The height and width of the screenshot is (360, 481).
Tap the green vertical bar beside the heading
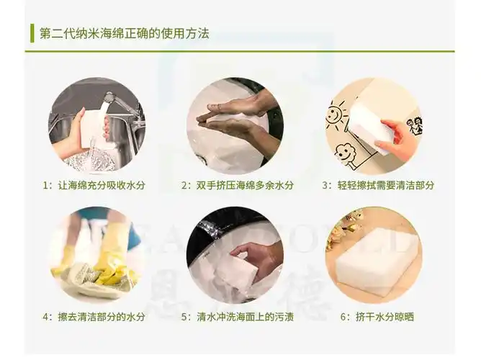pos(32,33)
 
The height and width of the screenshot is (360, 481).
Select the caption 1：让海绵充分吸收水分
pos(94,185)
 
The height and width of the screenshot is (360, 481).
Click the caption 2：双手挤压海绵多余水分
pos(238,185)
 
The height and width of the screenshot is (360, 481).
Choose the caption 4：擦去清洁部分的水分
pos(94,316)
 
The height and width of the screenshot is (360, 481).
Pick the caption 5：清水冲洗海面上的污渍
pos(238,316)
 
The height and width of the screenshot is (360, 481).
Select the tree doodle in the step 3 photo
pos(344,154)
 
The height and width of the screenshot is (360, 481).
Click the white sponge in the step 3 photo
pos(371,122)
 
